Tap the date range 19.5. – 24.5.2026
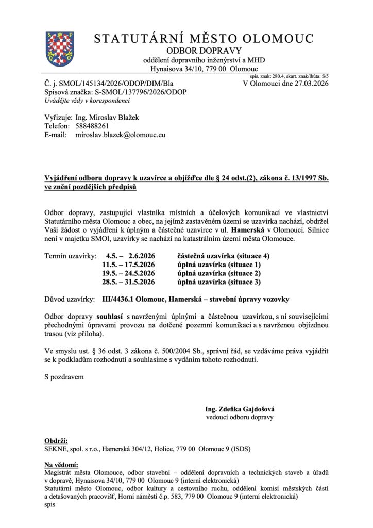tap(130, 273)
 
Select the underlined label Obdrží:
tap(57, 442)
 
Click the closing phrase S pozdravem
tap(64, 376)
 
